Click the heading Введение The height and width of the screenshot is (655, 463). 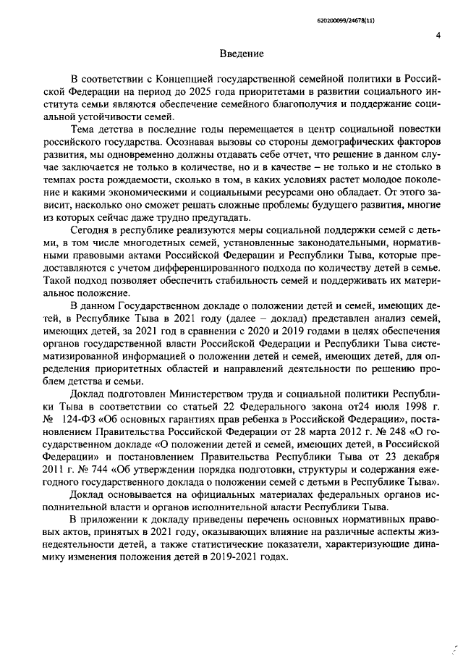(242, 53)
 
